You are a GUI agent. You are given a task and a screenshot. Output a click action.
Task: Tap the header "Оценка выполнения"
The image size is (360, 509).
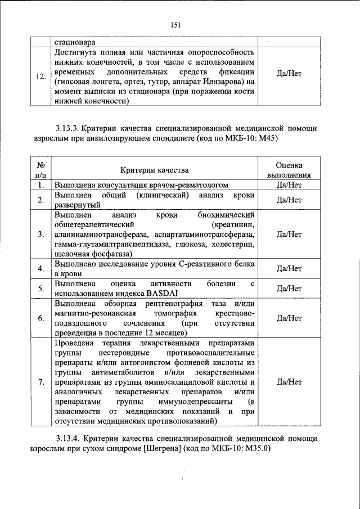click(289, 170)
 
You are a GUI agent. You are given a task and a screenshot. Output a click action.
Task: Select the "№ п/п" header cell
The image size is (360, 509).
click(40, 170)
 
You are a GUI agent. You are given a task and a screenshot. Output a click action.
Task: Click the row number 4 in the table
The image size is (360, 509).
click(40, 268)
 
